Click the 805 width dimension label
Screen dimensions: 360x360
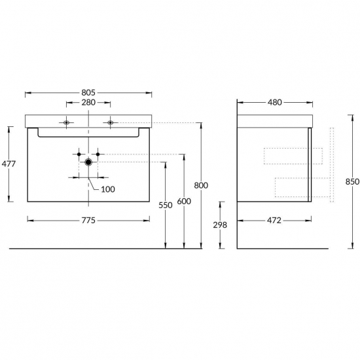[88, 93]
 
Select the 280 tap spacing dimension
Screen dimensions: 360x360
[88, 102]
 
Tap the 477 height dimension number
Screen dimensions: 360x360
[9, 164]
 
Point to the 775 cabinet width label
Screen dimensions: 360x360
[88, 221]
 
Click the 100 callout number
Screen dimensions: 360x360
[108, 189]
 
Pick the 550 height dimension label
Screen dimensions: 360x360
[166, 206]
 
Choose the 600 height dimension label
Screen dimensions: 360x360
[184, 202]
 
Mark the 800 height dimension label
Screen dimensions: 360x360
[201, 185]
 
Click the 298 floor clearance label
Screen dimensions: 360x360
[220, 225]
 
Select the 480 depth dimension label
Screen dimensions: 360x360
[275, 102]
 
